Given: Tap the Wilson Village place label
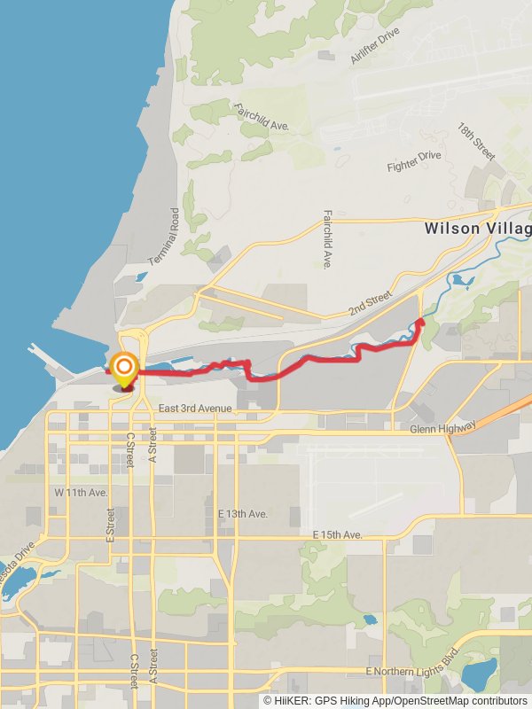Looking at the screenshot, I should pyautogui.click(x=477, y=228).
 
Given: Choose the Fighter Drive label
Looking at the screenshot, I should pyautogui.click(x=413, y=161).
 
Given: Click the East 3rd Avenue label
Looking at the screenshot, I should pyautogui.click(x=195, y=408).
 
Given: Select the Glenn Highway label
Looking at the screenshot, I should pyautogui.click(x=443, y=428).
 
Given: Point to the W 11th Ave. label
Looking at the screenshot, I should pyautogui.click(x=81, y=492).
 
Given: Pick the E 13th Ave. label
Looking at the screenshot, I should pyautogui.click(x=242, y=514).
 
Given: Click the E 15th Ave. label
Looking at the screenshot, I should pyautogui.click(x=338, y=535).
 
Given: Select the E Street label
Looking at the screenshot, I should pyautogui.click(x=110, y=524).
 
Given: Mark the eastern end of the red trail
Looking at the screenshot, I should pyautogui.click(x=420, y=323).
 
